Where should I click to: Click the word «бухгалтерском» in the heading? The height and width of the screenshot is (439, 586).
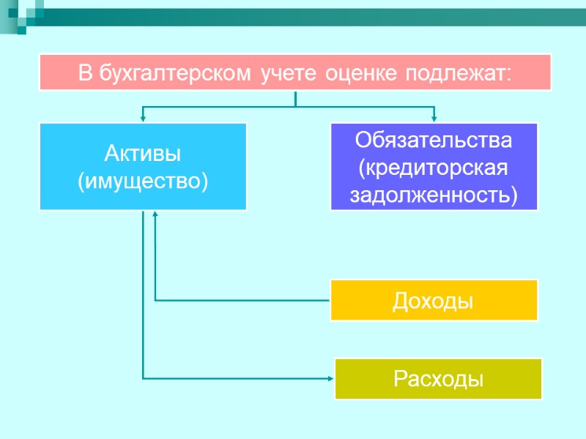click(175, 73)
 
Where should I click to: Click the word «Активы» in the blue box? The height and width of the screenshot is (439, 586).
click(143, 154)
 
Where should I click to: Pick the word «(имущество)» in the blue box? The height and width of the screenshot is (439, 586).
click(143, 179)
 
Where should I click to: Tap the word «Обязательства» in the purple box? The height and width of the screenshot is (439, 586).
click(434, 139)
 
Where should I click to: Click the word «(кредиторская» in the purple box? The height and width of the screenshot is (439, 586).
click(434, 167)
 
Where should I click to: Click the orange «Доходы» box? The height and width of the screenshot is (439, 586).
click(434, 300)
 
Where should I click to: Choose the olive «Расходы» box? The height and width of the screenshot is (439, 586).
click(438, 378)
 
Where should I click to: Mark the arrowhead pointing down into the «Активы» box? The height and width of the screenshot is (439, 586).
click(143, 116)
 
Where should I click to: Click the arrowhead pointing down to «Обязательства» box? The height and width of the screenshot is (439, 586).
click(434, 116)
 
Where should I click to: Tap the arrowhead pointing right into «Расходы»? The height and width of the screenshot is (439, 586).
click(330, 378)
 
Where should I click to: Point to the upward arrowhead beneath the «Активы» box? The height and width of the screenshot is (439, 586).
click(155, 215)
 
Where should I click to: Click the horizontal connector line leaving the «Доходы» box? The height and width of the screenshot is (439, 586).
click(242, 300)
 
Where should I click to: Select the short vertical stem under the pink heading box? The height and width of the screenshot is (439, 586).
click(294, 99)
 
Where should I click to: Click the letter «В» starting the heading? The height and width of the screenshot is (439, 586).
click(84, 73)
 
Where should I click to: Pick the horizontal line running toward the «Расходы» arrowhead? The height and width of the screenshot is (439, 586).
click(234, 378)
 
